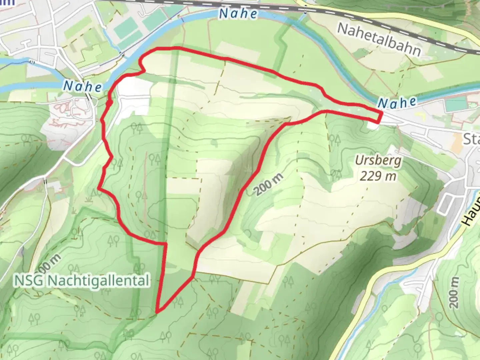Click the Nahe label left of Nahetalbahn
238,13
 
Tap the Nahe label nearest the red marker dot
83,87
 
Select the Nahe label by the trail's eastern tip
397,103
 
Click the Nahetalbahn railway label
379,39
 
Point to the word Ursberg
378,161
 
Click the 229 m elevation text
378,176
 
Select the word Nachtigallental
98,281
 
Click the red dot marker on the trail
109,103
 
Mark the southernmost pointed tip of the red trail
157,312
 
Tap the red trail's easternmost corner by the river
381,114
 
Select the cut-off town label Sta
471,139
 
